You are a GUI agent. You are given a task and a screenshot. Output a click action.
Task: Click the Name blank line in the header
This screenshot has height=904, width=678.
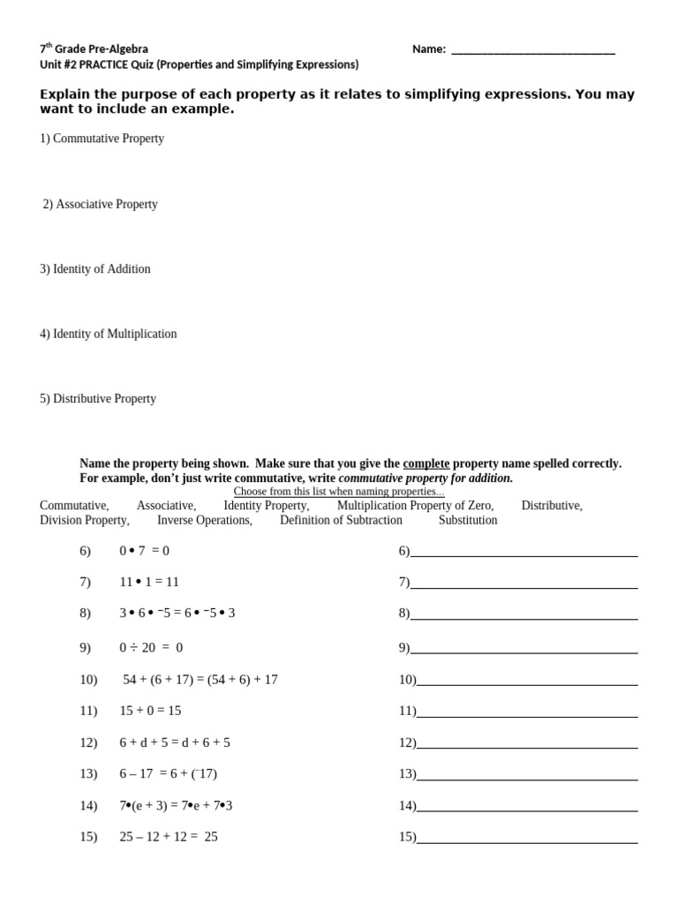[x=532, y=51]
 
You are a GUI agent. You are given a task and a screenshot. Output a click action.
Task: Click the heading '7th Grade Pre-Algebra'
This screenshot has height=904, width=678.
[x=94, y=49]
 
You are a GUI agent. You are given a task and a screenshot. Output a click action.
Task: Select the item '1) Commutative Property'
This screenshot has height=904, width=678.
[x=102, y=139]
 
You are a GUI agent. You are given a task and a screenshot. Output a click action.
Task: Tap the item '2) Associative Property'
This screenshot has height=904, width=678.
[x=101, y=204]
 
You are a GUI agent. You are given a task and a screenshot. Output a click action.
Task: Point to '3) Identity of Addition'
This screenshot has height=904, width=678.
[x=95, y=269]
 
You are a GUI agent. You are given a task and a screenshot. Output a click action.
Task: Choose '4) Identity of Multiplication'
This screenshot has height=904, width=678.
[x=108, y=334]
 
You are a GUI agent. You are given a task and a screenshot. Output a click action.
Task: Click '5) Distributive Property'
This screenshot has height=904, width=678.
[x=98, y=399]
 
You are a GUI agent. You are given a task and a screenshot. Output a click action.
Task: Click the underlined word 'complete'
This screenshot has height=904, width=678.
[x=426, y=463]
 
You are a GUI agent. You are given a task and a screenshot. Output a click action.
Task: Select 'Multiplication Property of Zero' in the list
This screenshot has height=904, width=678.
[x=415, y=506]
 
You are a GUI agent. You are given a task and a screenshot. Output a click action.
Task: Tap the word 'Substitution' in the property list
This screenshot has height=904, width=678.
[x=468, y=520]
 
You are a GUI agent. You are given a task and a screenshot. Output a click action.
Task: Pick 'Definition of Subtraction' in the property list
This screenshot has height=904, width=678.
[x=341, y=520]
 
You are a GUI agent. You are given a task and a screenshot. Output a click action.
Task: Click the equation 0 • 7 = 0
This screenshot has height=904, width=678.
[x=144, y=551]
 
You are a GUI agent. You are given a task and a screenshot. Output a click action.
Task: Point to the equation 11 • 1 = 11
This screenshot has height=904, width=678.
[x=149, y=582]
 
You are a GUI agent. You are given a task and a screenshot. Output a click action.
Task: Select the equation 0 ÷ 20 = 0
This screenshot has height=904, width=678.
[x=151, y=647]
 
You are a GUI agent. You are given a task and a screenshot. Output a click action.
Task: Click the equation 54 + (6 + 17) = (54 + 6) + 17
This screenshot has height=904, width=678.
[x=200, y=680]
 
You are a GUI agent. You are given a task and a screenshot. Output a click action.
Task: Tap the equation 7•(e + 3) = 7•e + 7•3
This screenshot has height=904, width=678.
[x=176, y=805]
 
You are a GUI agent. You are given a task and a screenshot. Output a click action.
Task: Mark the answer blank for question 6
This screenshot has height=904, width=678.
[x=524, y=553]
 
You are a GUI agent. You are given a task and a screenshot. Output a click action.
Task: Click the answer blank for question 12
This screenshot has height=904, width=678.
[x=526, y=744]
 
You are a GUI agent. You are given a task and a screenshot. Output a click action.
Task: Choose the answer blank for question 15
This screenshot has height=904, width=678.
[x=526, y=839]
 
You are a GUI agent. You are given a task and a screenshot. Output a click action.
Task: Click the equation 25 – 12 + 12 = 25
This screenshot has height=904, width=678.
[x=168, y=837]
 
